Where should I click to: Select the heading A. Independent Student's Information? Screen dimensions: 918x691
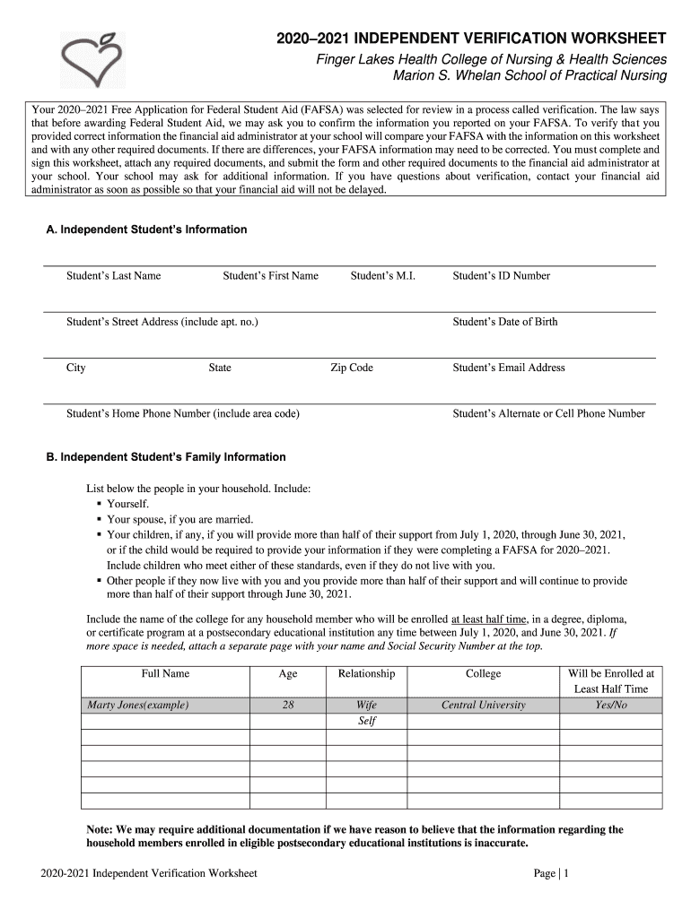[146, 229]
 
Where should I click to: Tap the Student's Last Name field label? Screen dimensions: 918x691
[113, 275]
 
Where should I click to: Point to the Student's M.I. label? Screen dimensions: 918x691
[382, 275]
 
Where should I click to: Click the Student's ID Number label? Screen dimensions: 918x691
[501, 275]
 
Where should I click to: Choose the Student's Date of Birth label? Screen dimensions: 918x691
[504, 321]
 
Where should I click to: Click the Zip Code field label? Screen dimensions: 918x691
[352, 368]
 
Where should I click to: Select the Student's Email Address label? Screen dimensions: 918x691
[509, 368]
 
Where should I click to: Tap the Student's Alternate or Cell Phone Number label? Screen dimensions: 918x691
[548, 413]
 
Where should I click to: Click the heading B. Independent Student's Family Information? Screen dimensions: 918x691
[166, 457]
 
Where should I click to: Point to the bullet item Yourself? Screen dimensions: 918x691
[127, 504]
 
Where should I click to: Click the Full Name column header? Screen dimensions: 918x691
[165, 673]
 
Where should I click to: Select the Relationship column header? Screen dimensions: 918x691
[366, 673]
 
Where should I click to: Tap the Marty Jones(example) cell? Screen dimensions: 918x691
[137, 705]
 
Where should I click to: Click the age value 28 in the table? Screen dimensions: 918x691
[288, 705]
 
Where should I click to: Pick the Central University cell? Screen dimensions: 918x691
[483, 705]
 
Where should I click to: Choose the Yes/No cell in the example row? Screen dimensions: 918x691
[611, 705]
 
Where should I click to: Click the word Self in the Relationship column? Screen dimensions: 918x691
[366, 721]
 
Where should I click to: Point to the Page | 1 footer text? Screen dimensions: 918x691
[551, 873]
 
